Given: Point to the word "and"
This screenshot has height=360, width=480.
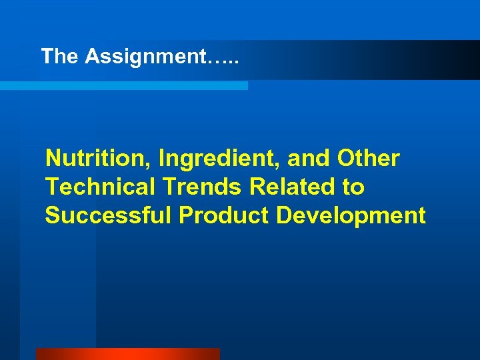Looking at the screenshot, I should pyautogui.click(x=309, y=159).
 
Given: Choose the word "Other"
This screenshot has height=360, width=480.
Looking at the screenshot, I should pyautogui.click(x=369, y=159).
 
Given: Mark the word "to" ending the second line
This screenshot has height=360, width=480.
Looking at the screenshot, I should pyautogui.click(x=353, y=188).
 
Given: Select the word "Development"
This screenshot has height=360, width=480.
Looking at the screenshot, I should pyautogui.click(x=351, y=217).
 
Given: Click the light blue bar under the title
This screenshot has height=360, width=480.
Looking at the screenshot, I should pyautogui.click(x=123, y=85).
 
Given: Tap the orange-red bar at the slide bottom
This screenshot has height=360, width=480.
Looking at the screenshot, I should pyautogui.click(x=127, y=354).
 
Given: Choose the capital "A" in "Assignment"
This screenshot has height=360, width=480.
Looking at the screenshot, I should pyautogui.click(x=91, y=57).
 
